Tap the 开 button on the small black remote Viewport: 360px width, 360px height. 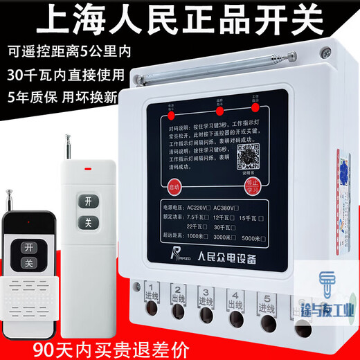point(28,248)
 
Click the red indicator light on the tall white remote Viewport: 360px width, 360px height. point(87,167)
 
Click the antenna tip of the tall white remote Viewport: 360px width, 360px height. point(69,136)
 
